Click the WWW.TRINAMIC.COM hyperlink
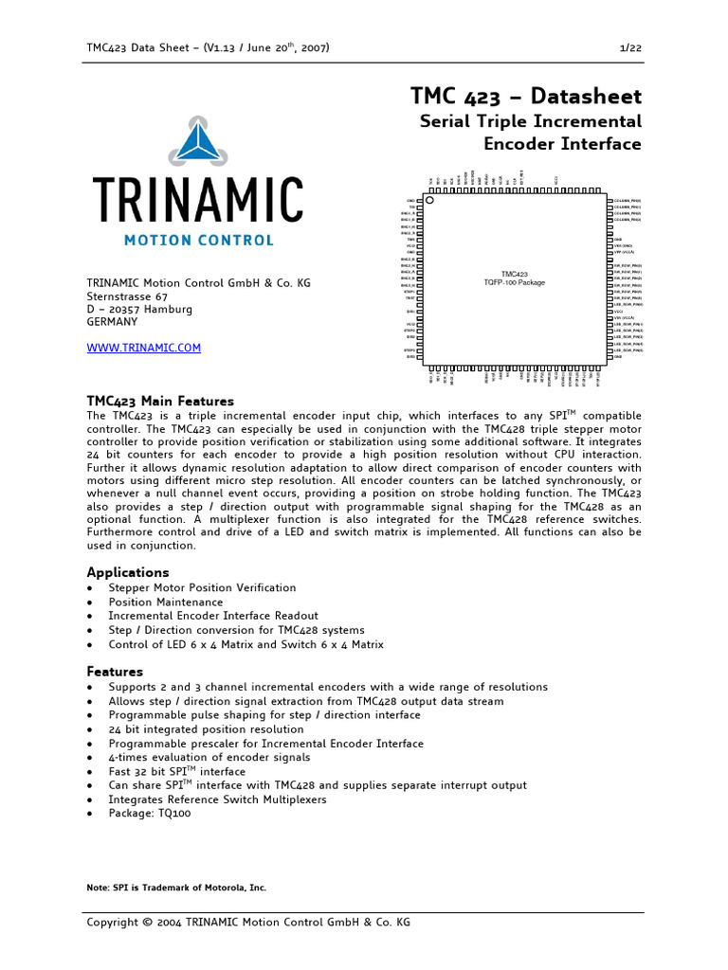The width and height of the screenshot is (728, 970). coord(144,348)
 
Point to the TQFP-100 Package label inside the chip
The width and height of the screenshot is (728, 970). coord(515,282)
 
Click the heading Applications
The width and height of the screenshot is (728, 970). coord(128,572)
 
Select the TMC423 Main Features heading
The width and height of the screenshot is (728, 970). coord(160,401)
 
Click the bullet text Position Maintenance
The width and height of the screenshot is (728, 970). coord(166,602)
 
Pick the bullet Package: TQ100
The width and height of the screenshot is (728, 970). coord(150,813)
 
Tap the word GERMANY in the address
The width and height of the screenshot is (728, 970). coord(112,322)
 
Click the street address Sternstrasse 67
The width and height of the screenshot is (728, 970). coord(127,296)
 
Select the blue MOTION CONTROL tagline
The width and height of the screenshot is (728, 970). coord(198,241)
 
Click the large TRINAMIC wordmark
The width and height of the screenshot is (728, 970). coord(198,199)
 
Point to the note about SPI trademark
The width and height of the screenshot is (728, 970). coord(176,888)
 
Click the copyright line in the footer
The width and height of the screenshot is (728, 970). coord(248,922)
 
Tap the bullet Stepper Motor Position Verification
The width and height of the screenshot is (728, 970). coord(202,587)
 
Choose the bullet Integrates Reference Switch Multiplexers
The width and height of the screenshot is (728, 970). coord(217,799)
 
